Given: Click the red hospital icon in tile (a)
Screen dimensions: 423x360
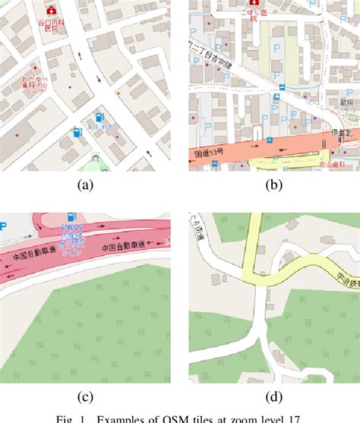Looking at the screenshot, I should click(x=51, y=11).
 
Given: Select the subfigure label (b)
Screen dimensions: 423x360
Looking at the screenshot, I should click(x=273, y=185).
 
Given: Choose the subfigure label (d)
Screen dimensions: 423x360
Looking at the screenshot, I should click(x=273, y=396).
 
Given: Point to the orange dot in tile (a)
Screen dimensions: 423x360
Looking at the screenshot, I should click(x=118, y=93).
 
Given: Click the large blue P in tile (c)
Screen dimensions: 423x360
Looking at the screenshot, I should click(x=4, y=226).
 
